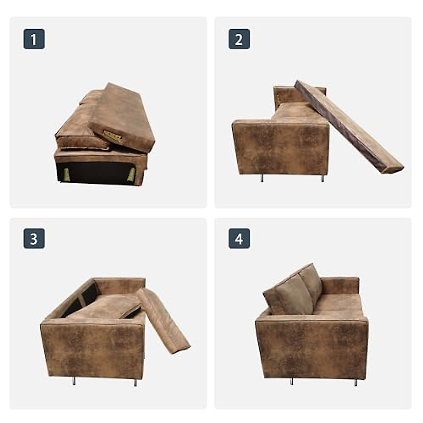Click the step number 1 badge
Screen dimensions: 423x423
(34, 39)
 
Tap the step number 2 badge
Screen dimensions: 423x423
(239, 39)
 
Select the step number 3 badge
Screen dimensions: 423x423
(34, 239)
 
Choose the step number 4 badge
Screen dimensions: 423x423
(239, 239)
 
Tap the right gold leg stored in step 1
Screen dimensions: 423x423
(131, 174)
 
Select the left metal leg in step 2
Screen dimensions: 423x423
(262, 178)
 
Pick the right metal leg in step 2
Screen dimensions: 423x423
(322, 178)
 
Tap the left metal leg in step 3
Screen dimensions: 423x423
(74, 381)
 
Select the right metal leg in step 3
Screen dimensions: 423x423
(135, 382)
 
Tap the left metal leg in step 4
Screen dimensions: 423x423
(292, 381)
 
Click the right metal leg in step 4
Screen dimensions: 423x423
(355, 382)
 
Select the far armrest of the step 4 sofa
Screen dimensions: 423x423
(340, 286)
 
